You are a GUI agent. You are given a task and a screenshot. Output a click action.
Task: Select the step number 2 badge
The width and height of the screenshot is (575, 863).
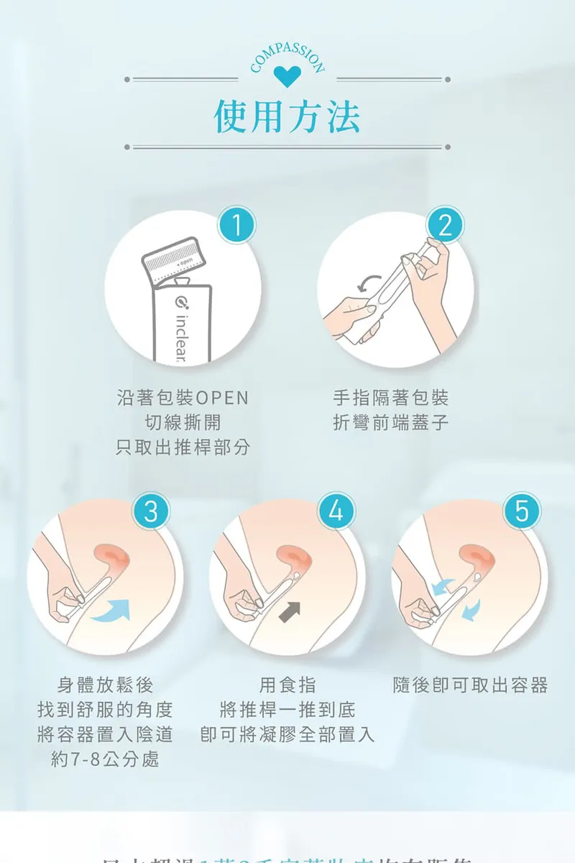[x=445, y=227]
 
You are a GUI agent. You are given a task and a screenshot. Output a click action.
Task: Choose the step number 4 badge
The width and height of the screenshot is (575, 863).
[x=336, y=511]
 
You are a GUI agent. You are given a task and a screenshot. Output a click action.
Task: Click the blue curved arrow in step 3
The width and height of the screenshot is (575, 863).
[x=114, y=609]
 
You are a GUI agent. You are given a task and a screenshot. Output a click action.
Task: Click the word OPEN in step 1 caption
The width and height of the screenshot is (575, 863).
[x=221, y=398]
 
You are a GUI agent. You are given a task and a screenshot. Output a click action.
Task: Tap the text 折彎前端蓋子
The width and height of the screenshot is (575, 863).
[x=391, y=422]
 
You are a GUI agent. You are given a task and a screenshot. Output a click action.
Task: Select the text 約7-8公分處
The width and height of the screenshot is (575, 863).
[x=105, y=759]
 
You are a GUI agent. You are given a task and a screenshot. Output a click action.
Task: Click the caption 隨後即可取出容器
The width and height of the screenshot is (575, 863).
[x=471, y=685]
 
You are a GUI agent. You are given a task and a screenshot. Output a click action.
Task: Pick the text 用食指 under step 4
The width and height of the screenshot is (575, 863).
[x=287, y=685]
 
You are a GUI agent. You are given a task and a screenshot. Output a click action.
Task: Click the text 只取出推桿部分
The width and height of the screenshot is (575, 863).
[x=183, y=447]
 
